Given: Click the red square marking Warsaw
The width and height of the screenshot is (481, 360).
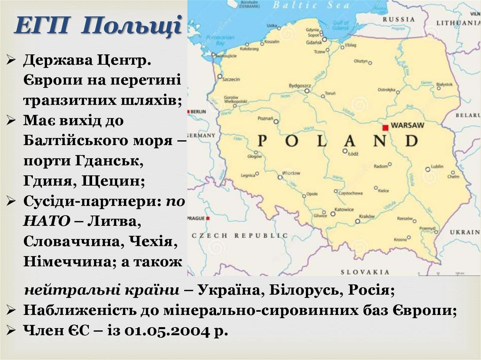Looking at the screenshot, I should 385,127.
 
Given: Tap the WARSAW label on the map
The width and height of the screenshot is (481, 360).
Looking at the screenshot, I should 407,126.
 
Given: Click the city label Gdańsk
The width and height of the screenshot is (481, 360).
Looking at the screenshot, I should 313,42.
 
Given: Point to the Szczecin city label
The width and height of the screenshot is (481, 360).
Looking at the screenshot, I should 231,79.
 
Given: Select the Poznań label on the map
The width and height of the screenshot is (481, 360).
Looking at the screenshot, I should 265,118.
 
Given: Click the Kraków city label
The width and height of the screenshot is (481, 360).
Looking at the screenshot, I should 366,216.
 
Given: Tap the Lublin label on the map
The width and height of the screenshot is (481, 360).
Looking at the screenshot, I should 437,166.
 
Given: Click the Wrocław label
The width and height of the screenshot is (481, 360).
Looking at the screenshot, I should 291,173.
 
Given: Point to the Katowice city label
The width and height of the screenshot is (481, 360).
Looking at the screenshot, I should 344,209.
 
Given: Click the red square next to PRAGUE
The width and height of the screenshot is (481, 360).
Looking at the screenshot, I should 208,218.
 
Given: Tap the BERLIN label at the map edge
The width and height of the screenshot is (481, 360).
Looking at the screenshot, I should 198,112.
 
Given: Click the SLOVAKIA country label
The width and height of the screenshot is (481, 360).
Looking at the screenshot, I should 365,272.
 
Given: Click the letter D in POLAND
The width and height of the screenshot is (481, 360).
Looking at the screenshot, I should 411,141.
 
